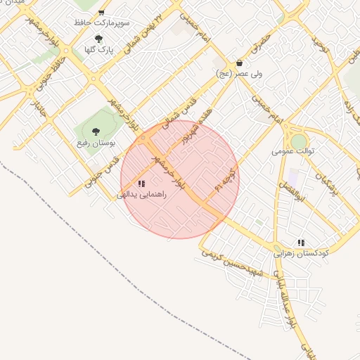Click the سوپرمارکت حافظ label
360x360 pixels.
(x=102, y=23)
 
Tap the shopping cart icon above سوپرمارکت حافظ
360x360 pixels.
(x=102, y=13)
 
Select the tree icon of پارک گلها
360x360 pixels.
(x=98, y=39)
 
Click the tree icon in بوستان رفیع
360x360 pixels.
(x=96, y=131)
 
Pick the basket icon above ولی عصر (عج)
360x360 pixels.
(x=240, y=63)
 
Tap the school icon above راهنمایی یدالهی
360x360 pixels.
(x=141, y=184)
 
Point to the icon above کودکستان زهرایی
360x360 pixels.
(x=301, y=243)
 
